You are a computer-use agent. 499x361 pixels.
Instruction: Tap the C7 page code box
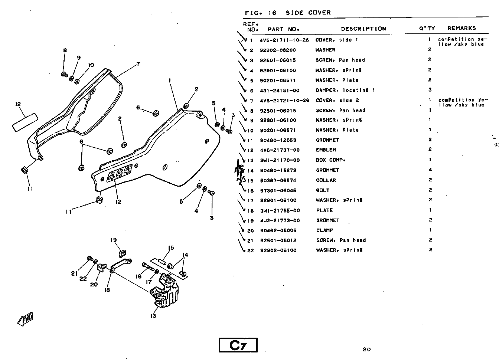tap(238, 345)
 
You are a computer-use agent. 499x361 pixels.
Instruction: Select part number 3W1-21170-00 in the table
tap(280, 160)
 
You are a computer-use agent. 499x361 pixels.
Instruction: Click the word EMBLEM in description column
tap(326, 150)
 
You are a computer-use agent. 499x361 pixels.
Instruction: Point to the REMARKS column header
tap(462, 28)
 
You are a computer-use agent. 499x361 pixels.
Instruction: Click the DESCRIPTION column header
tap(363, 29)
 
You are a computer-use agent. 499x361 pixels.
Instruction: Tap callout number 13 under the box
tap(153, 316)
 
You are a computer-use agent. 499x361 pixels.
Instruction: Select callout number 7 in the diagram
tap(138, 64)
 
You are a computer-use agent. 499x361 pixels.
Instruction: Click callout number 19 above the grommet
tap(114, 240)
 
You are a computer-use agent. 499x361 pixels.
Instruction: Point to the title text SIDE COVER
tap(308, 13)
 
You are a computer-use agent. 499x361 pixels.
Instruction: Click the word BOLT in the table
tap(322, 190)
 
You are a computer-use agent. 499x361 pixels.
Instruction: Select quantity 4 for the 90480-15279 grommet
tap(430, 170)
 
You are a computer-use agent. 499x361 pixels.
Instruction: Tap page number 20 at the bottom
tap(366, 349)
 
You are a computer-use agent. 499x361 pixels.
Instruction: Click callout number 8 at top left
tap(65, 51)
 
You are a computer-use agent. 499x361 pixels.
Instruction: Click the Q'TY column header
tap(427, 28)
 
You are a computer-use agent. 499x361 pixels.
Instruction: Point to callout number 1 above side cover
tap(169, 80)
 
